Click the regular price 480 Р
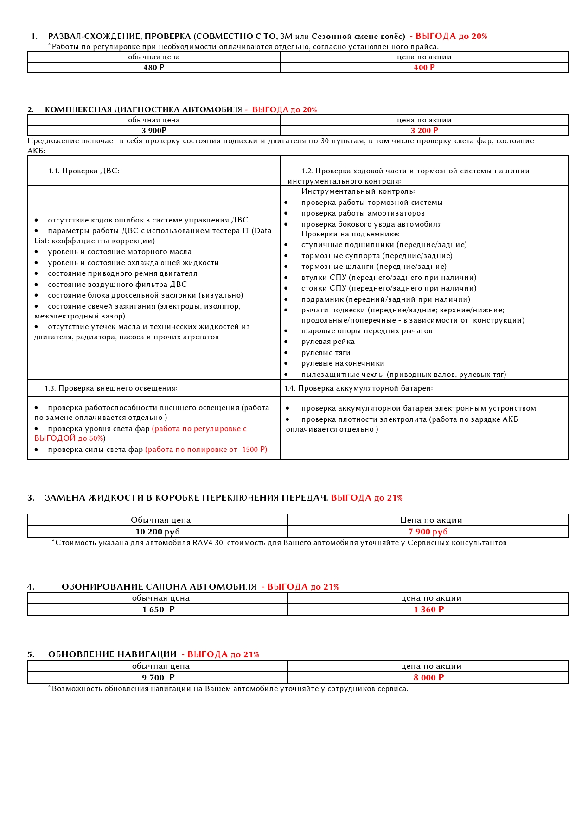tap(154, 68)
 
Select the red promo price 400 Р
tap(424, 68)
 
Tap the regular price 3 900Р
tap(154, 131)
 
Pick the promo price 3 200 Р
tap(424, 131)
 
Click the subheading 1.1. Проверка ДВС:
tap(84, 171)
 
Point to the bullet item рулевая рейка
tap(328, 342)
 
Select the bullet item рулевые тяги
tap(326, 353)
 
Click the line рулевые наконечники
tap(343, 364)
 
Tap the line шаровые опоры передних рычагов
tap(366, 331)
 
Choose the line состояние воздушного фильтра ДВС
tap(117, 285)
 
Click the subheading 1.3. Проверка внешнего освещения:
tap(111, 388)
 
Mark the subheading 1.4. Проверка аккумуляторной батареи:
tap(358, 388)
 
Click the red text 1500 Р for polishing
tap(254, 450)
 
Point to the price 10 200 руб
tap(158, 532)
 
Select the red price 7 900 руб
tap(428, 532)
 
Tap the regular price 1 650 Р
tap(159, 610)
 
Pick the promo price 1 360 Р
tap(429, 610)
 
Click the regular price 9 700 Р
tap(159, 678)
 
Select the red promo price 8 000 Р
tap(429, 678)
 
